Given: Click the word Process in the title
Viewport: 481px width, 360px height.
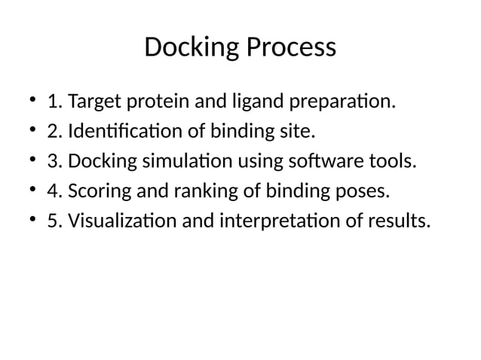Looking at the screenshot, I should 290,47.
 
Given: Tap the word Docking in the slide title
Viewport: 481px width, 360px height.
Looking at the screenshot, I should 191,47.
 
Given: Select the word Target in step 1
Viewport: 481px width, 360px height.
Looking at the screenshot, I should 93,102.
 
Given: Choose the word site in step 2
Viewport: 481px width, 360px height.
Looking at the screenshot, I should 291,132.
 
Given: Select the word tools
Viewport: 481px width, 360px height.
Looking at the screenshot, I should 389,162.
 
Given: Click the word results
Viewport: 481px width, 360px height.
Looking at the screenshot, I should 397,222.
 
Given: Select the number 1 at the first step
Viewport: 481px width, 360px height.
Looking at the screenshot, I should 54,102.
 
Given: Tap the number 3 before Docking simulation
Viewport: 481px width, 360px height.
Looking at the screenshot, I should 53,162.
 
